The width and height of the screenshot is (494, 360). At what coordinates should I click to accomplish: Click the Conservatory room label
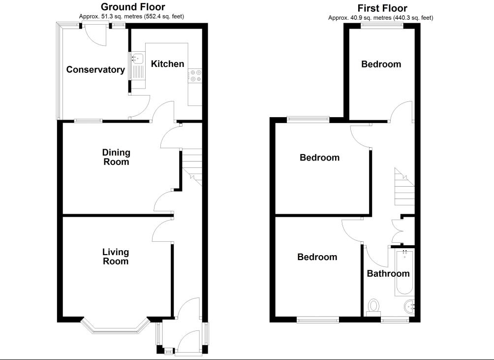click(x=95, y=69)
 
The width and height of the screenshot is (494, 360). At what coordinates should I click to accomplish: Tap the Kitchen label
click(x=167, y=64)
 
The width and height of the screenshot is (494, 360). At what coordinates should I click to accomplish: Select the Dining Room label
click(x=116, y=157)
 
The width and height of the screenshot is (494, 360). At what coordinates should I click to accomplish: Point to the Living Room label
click(x=116, y=256)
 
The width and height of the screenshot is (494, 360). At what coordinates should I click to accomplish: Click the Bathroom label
click(x=388, y=273)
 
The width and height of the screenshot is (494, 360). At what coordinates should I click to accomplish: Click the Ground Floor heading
click(x=133, y=7)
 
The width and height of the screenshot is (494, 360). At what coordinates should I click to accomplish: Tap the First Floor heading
click(x=382, y=8)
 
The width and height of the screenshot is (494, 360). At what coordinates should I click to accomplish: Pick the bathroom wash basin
click(x=409, y=307)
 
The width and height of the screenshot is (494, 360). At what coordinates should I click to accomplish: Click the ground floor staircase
click(x=192, y=167)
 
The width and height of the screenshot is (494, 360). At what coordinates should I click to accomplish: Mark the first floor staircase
click(x=403, y=187)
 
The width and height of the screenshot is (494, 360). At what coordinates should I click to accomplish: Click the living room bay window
click(x=115, y=327)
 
